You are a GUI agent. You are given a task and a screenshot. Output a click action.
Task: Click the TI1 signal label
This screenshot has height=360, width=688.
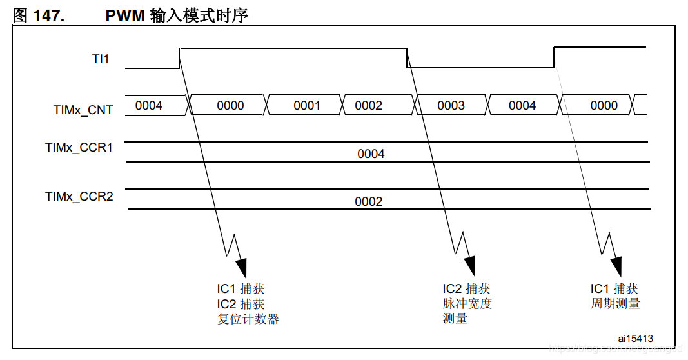100,59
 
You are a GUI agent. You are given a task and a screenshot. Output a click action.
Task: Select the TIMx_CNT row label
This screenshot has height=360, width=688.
83,110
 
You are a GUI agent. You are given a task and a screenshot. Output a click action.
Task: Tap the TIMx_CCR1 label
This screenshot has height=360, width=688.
79,148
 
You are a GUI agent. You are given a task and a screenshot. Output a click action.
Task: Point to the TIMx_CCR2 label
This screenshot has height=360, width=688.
79,196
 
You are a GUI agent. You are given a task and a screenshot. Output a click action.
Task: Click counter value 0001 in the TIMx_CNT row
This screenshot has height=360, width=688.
307,106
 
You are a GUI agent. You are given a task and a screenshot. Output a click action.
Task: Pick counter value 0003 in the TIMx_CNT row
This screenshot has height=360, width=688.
451,106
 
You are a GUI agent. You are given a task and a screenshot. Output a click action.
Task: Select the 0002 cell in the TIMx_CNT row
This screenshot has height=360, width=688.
368,106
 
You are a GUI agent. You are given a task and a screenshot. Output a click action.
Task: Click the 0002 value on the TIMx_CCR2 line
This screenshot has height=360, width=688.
368,202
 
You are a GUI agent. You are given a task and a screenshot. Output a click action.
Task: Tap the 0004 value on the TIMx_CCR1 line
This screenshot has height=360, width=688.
371,154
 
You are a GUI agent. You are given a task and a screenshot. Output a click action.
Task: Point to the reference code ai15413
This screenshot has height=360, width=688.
635,339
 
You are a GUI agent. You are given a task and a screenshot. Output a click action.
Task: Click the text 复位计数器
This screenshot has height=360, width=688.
248,319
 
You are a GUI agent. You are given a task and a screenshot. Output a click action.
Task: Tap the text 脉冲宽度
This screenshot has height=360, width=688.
467,303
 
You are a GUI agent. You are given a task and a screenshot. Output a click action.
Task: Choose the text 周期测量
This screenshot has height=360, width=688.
615,303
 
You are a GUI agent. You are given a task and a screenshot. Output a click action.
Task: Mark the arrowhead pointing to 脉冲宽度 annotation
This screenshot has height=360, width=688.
469,265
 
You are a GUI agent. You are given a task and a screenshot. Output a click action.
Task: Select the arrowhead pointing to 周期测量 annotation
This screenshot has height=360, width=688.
617,265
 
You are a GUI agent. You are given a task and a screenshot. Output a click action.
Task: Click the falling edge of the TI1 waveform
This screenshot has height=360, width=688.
407,57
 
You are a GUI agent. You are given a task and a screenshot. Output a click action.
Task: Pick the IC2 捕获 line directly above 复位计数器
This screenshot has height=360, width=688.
241,303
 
